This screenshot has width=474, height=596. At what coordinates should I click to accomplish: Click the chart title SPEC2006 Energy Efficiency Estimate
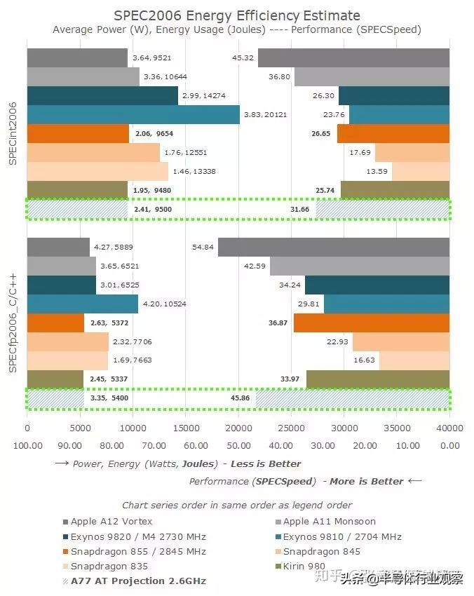coord(237,15)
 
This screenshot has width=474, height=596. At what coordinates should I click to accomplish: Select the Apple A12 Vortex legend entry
coord(111,521)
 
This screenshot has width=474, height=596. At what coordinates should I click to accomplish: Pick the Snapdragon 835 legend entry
coord(109,566)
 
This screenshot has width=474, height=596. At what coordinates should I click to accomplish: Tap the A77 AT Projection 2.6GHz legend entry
coord(138,581)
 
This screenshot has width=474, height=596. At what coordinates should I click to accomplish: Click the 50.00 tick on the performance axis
coord(238,445)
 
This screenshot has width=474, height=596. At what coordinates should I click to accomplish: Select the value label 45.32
coord(243,58)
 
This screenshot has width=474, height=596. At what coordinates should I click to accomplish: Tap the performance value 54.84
coord(203,248)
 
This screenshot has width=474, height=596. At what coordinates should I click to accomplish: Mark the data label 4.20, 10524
coord(161,304)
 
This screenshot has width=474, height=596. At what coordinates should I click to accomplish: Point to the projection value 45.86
coord(241,399)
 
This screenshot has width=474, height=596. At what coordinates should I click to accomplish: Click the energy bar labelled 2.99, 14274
coord(102,96)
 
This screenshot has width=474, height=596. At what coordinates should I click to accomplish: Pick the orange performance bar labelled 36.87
coord(371,323)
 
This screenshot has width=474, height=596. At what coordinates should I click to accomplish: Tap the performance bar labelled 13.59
coord(420,172)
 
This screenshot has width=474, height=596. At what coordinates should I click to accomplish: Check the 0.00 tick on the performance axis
coord(449,445)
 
